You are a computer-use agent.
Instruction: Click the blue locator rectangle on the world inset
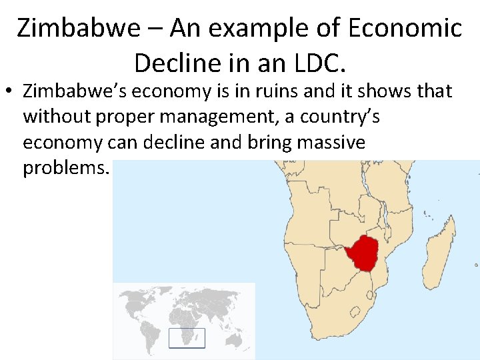click(x=187, y=338)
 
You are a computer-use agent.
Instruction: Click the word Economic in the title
click(x=405, y=29)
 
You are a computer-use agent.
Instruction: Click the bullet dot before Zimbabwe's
click(x=9, y=91)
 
